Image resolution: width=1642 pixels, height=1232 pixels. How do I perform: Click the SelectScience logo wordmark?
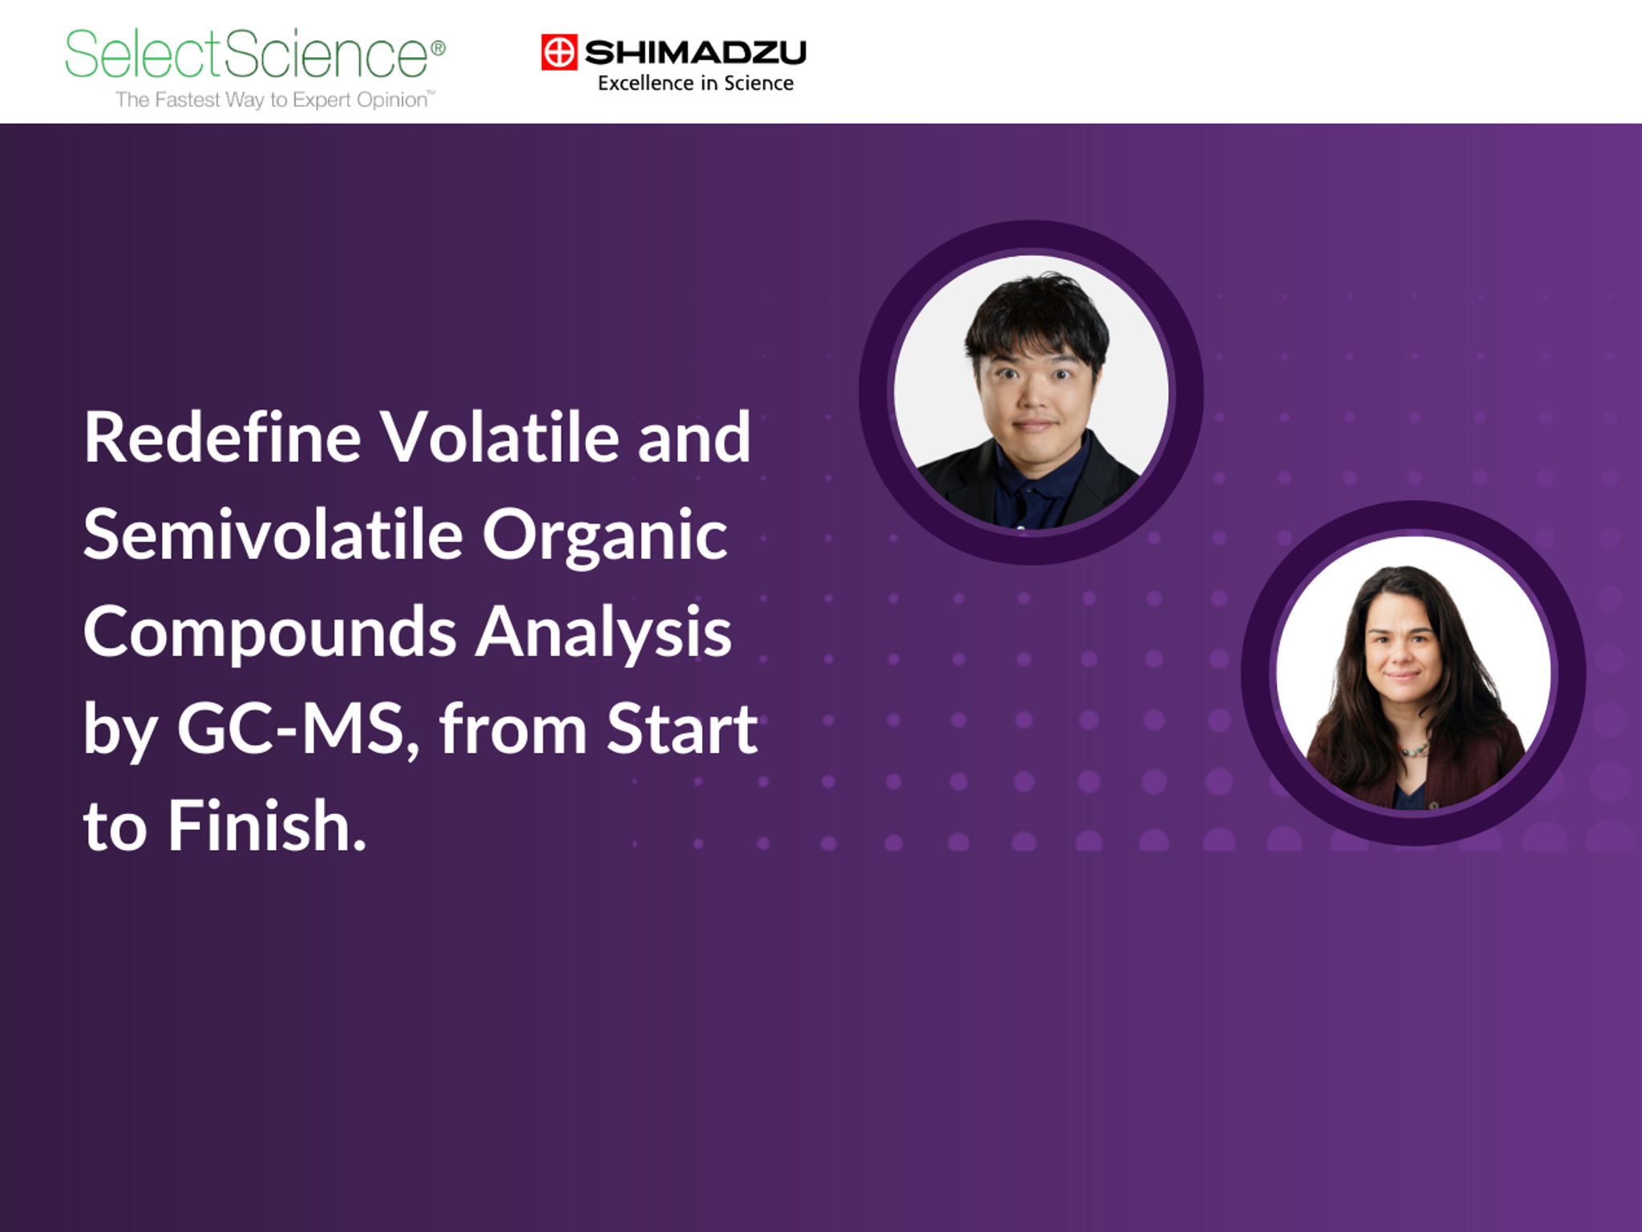pos(247,55)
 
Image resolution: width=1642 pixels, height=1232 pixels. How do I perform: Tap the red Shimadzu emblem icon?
pos(559,52)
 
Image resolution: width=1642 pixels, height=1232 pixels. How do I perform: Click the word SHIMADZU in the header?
pos(695,53)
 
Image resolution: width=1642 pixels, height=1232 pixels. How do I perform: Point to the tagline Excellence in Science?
pos(695,83)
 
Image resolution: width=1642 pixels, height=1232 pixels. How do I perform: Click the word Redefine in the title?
pos(222,438)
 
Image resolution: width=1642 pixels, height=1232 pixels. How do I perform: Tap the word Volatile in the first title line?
pos(498,438)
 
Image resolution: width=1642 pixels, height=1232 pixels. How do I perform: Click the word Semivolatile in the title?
pos(273,536)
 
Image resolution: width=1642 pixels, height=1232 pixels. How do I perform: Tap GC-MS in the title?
pos(290,730)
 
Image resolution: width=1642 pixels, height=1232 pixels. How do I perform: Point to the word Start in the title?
pos(681,730)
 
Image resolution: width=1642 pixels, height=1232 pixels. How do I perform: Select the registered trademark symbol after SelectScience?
pos(438,48)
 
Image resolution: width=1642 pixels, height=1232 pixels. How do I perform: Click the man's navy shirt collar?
pos(1034,481)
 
